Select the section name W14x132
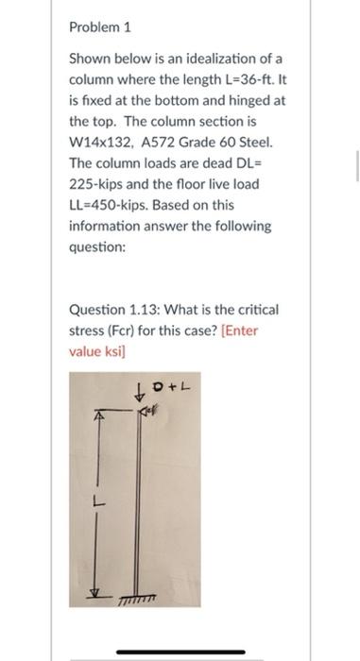(x=100, y=143)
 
